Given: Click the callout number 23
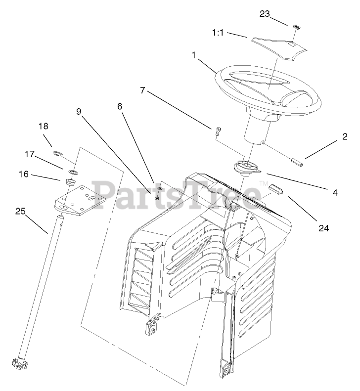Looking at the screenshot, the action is click(x=265, y=14).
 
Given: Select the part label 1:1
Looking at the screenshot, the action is click(x=219, y=33).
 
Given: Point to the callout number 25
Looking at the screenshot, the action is click(x=20, y=211).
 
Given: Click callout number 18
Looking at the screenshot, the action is click(x=44, y=127).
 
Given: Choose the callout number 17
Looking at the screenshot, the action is click(x=30, y=154).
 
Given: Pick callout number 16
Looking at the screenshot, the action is click(x=24, y=174).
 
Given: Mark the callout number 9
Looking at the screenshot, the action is click(x=79, y=112).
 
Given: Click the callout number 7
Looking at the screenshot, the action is click(x=142, y=90).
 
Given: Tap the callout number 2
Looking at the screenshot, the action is click(x=344, y=139).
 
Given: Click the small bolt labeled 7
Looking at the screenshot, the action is click(x=218, y=131).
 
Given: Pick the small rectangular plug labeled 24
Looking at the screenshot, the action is click(x=274, y=190).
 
